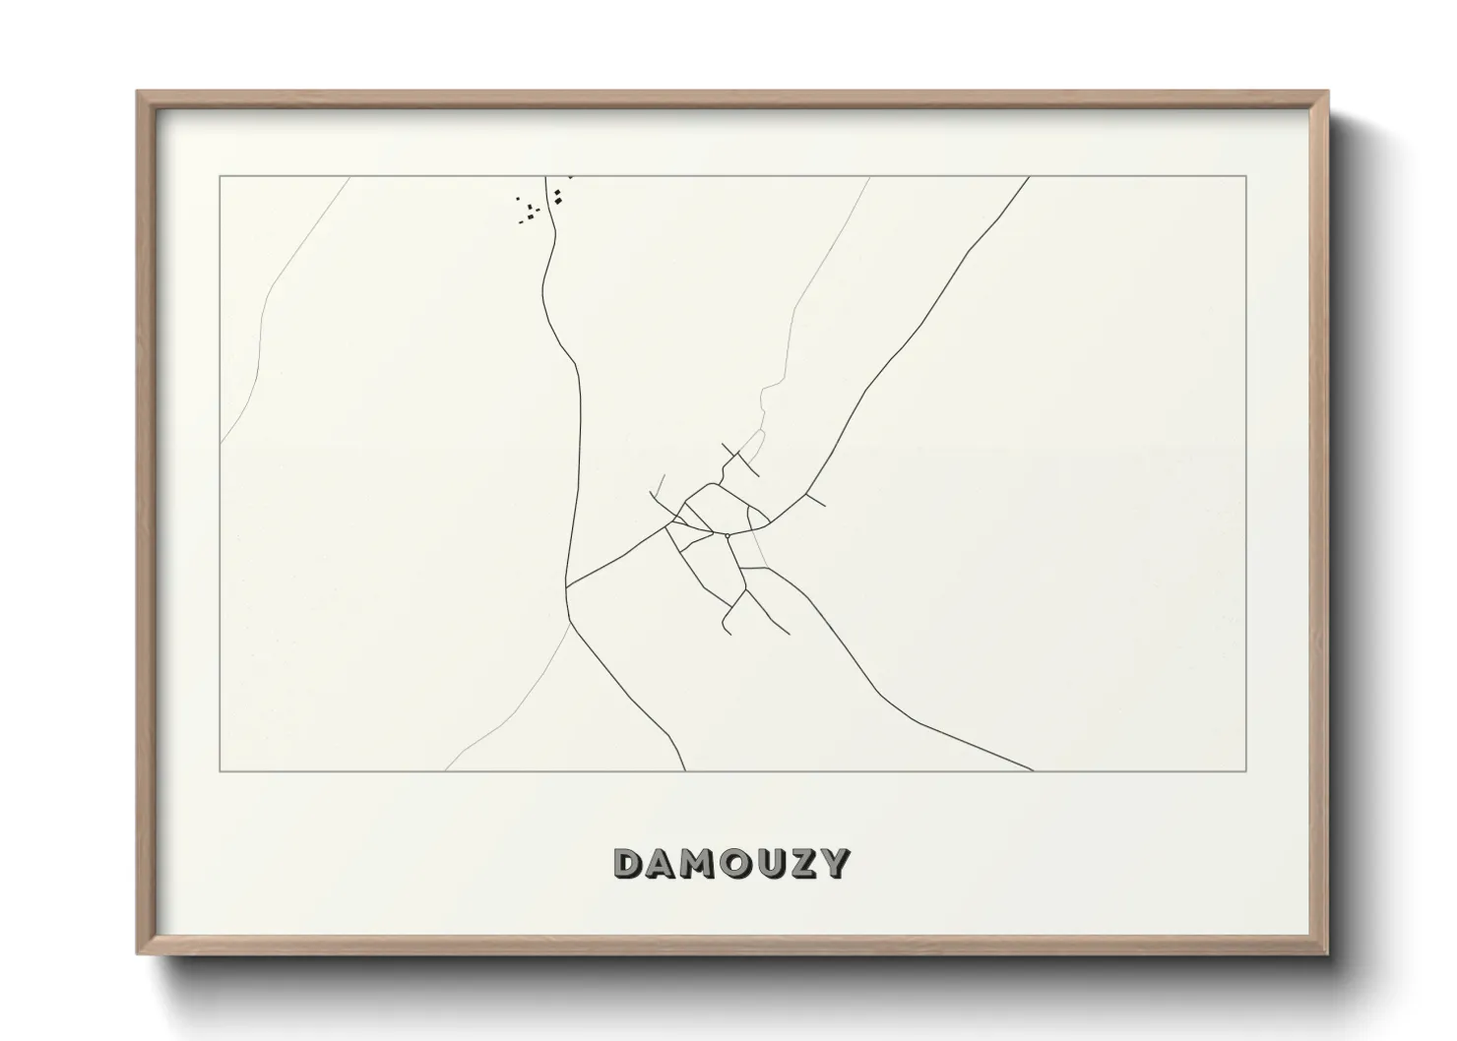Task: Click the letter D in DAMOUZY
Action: click(628, 864)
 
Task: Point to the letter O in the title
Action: click(734, 864)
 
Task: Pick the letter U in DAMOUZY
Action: click(769, 864)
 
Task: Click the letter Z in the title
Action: click(801, 864)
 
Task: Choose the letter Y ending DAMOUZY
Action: click(834, 864)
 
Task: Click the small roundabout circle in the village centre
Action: click(727, 535)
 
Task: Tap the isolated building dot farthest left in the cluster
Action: click(518, 199)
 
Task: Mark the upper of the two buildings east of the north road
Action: click(558, 192)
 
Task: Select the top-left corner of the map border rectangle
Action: click(220, 176)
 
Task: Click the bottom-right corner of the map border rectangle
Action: click(1246, 771)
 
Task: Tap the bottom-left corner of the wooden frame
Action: click(138, 954)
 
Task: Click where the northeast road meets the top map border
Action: click(1029, 177)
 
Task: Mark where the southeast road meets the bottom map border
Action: click(1032, 770)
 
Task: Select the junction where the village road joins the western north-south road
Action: click(567, 587)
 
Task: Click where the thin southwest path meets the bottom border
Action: click(446, 770)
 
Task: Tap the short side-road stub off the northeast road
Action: click(816, 500)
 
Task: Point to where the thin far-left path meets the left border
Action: click(221, 443)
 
